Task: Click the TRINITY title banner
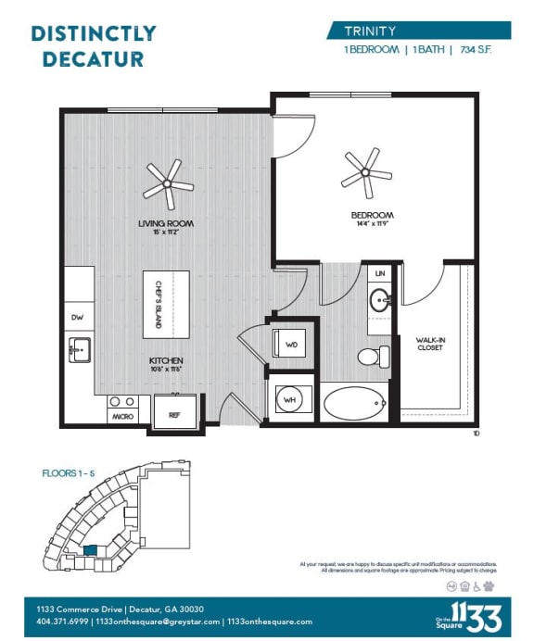418,31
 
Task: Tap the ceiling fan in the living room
168,182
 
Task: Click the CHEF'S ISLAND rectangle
166,305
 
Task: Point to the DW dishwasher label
77,318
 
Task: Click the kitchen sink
79,350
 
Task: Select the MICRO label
122,417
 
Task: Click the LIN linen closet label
381,274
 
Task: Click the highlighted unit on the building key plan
89,550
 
